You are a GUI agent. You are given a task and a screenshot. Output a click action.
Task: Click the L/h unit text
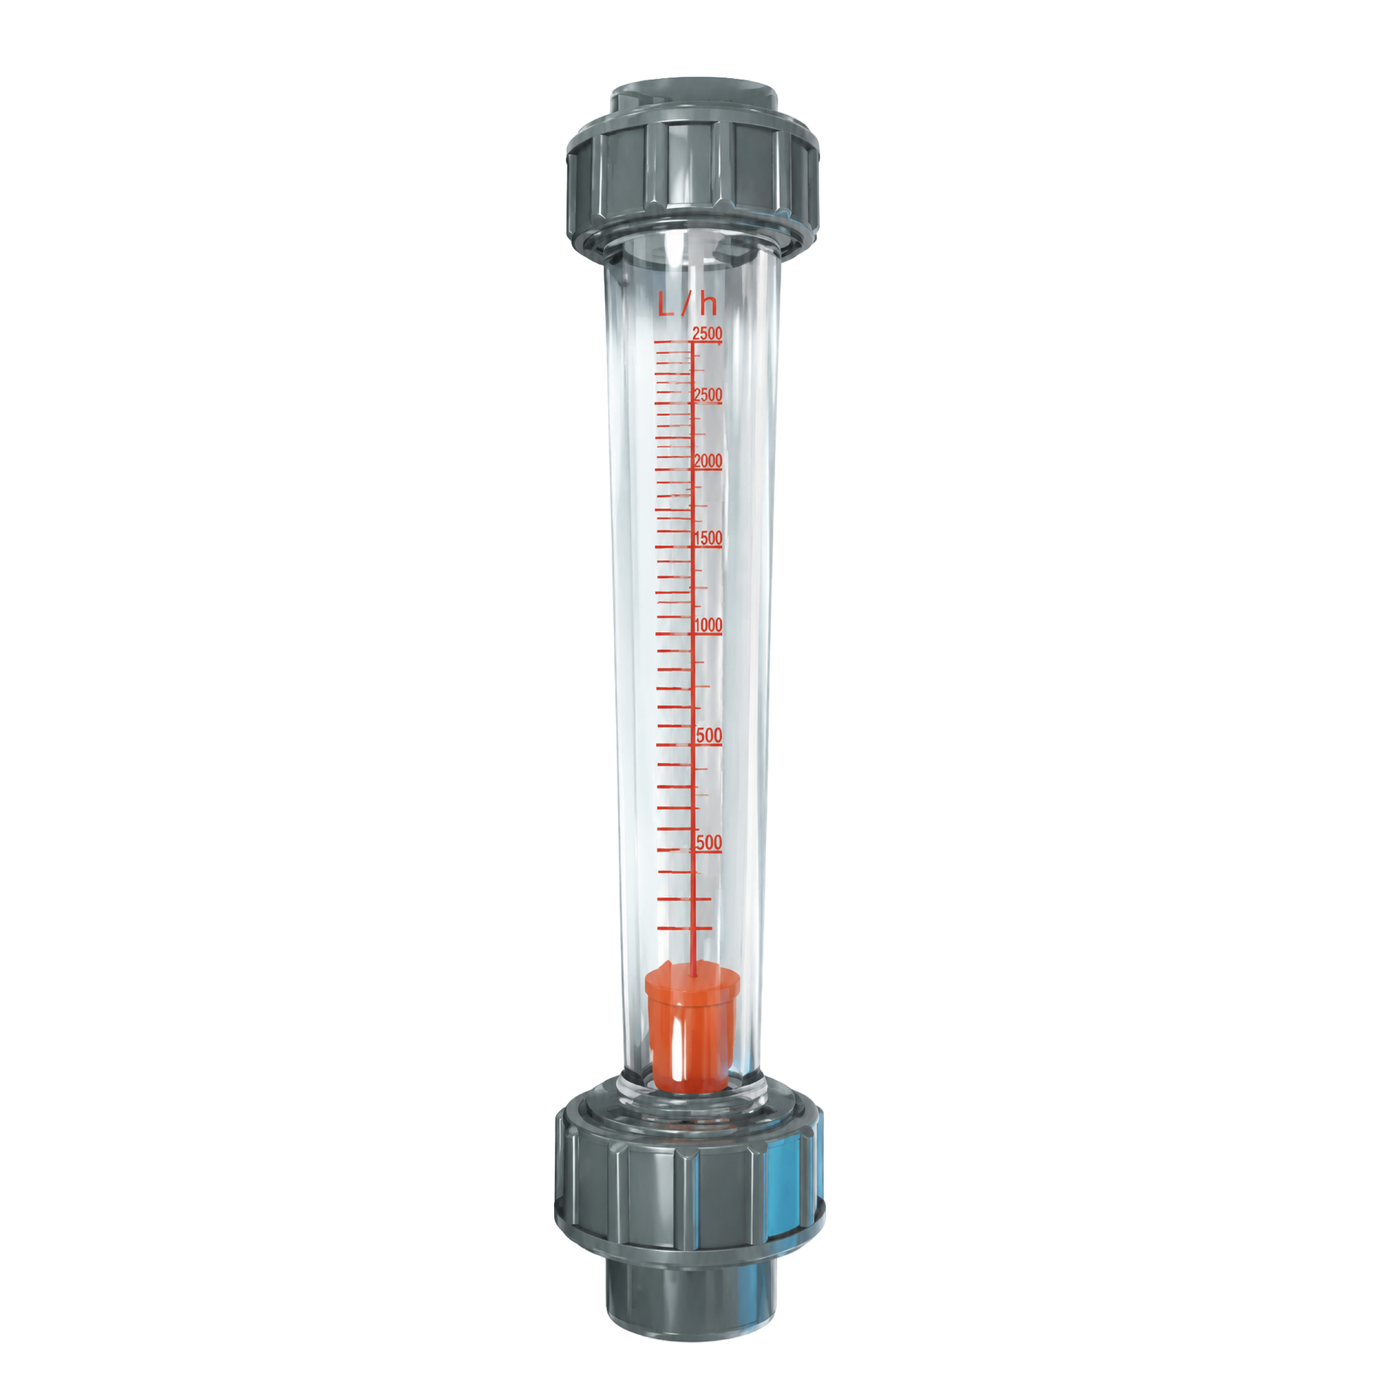point(687,303)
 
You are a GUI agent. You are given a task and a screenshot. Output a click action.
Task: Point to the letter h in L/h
point(709,303)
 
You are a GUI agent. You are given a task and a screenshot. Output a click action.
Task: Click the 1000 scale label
point(708,625)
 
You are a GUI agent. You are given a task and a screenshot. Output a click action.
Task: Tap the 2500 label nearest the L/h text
point(707,333)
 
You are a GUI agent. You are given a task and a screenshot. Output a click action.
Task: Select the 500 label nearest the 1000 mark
point(709,735)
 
